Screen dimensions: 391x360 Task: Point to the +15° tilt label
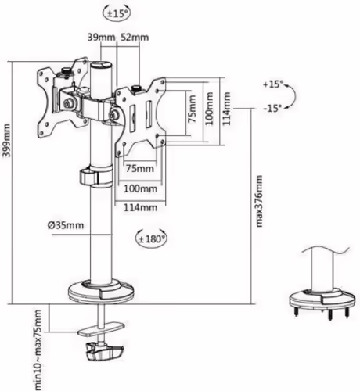pos(275,83)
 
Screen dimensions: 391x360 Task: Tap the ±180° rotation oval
pos(152,237)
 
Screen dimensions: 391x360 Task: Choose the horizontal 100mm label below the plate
pos(140,188)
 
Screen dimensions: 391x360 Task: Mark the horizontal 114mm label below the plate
pos(142,207)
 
